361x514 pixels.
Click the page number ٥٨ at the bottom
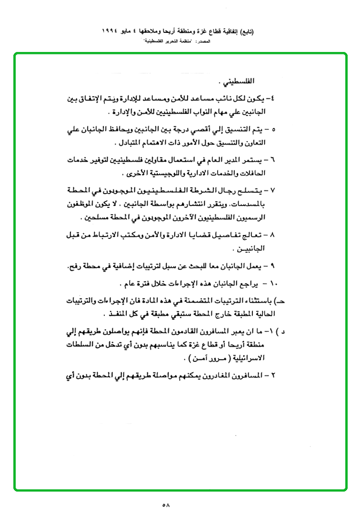pyautogui.click(x=166, y=504)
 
